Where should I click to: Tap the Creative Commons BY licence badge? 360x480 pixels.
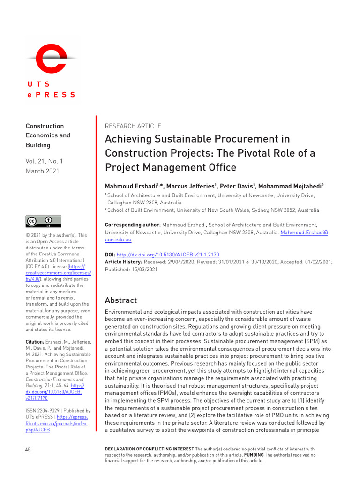(43, 221)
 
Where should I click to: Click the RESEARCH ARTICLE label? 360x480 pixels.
(133, 126)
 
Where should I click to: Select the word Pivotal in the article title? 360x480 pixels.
(262, 153)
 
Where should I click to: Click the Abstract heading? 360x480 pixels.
(121, 300)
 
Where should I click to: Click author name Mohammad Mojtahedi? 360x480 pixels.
(290, 186)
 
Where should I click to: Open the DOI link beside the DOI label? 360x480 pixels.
(168, 255)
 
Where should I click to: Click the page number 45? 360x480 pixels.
(28, 450)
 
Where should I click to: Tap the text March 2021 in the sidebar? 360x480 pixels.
(43, 171)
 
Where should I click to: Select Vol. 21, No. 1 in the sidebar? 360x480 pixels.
(45, 161)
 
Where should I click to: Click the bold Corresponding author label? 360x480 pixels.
(133, 225)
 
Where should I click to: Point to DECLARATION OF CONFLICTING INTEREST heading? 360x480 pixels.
(149, 449)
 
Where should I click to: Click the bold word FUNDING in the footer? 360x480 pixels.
(254, 455)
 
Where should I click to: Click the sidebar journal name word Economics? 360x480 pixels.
(48, 135)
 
